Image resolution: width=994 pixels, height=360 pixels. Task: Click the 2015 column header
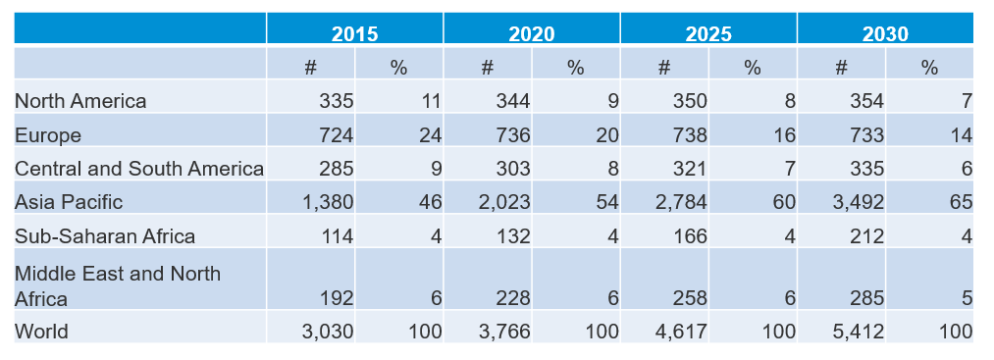(x=354, y=33)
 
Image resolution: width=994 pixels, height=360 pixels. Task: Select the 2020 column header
(x=531, y=33)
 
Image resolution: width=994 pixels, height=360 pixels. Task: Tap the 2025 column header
(x=707, y=33)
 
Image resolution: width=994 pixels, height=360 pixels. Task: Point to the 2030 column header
(x=884, y=33)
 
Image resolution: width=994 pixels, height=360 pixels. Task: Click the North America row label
(x=80, y=101)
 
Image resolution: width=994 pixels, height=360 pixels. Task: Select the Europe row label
(x=48, y=135)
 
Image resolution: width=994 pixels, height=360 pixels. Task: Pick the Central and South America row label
(x=139, y=169)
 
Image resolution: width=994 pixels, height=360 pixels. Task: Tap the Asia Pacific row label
(x=69, y=202)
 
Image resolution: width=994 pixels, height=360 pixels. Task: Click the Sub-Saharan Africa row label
(x=105, y=236)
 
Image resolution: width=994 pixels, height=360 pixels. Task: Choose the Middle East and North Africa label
(x=117, y=285)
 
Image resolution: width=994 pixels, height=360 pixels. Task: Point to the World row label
(x=41, y=332)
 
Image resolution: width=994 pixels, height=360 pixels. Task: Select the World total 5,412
(x=861, y=332)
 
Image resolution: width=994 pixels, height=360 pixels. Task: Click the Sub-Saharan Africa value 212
(x=866, y=236)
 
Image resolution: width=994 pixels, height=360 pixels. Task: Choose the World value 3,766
(x=506, y=332)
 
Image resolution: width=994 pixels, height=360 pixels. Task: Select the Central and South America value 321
(x=689, y=169)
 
